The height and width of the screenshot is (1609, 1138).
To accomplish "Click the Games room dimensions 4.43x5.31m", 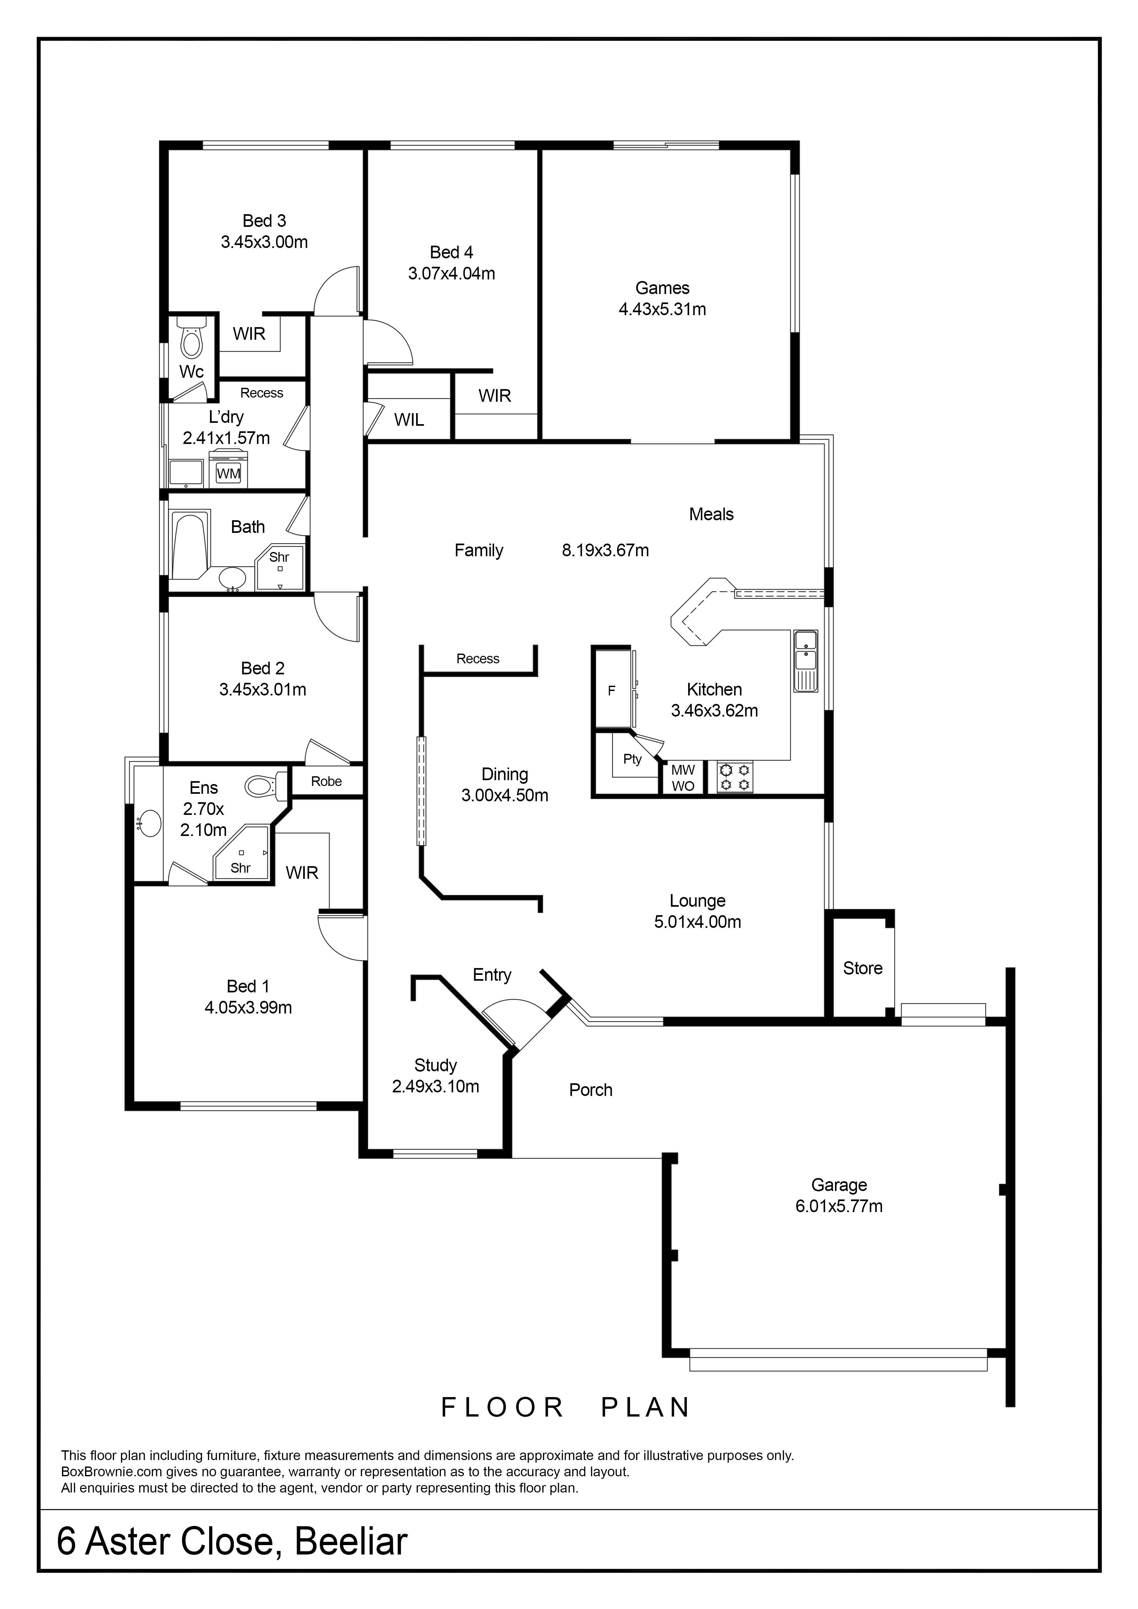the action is point(662,309).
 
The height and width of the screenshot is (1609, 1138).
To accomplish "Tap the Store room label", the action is point(863,968).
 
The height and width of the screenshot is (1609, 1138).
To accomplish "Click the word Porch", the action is point(591,1090).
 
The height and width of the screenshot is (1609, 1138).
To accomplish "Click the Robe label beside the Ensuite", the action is point(327,781).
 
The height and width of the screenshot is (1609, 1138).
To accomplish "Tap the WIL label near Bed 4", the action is point(409,420).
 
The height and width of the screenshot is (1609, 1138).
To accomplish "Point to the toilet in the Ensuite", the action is point(266,786).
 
